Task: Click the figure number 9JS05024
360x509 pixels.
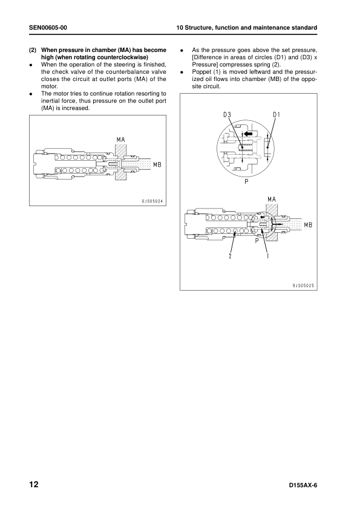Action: pyautogui.click(x=152, y=200)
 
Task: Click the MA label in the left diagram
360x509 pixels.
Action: pyautogui.click(x=121, y=141)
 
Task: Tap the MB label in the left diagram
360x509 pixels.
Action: pyautogui.click(x=157, y=164)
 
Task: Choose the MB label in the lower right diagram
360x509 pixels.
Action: pyautogui.click(x=308, y=225)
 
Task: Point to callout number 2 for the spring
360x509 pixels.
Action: pyautogui.click(x=230, y=256)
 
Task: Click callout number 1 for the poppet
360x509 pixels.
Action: pyautogui.click(x=267, y=256)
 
